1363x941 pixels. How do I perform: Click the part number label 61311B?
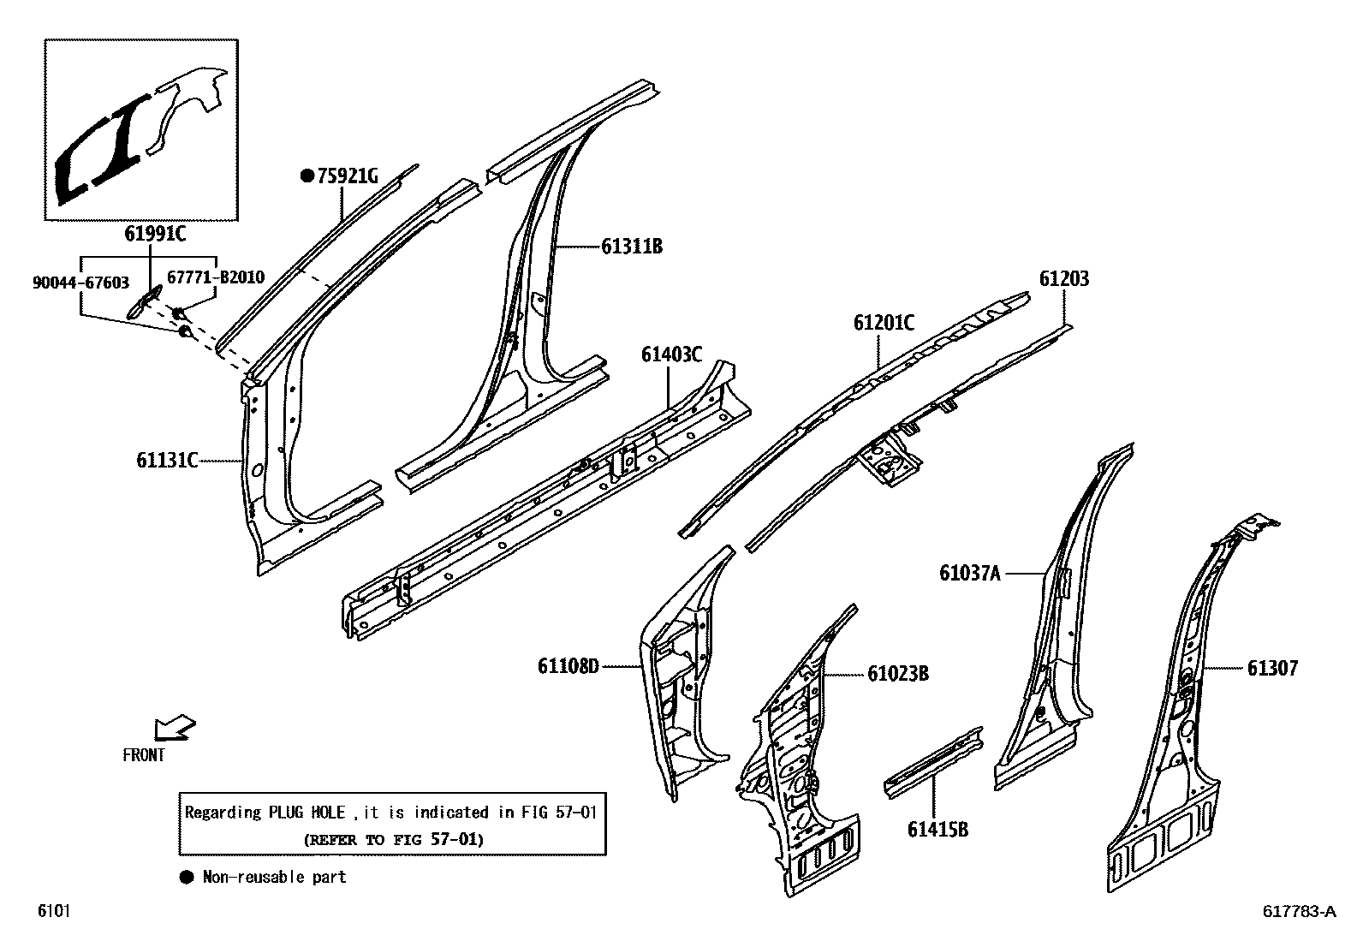click(631, 247)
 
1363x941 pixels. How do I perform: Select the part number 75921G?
click(347, 176)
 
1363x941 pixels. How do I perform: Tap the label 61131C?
click(167, 461)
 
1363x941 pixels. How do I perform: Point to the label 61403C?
click(671, 354)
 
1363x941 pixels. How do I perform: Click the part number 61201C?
click(883, 323)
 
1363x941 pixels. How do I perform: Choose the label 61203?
click(1064, 279)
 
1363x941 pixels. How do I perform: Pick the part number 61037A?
click(969, 573)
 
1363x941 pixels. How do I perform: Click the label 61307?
click(1271, 668)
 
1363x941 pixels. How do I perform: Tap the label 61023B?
click(897, 674)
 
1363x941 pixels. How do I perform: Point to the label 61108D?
click(568, 665)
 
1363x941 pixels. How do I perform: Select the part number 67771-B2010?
click(215, 277)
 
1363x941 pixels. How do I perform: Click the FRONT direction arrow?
click(173, 729)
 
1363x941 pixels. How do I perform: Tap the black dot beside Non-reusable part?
click(186, 877)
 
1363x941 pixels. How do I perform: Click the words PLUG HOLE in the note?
click(308, 812)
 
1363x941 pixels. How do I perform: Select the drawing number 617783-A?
click(1298, 912)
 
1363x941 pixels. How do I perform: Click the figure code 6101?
click(53, 911)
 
